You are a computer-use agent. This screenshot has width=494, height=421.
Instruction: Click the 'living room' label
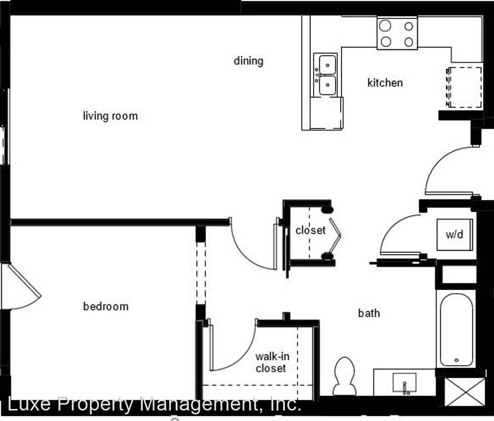pyautogui.click(x=110, y=116)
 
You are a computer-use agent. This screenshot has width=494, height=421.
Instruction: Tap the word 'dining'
pyautogui.click(x=248, y=61)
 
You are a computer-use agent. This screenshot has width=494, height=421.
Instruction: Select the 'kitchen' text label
pyautogui.click(x=385, y=83)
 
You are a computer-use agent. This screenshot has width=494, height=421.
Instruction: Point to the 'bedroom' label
pyautogui.click(x=106, y=306)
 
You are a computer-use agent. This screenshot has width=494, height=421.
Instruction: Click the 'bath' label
pyautogui.click(x=369, y=313)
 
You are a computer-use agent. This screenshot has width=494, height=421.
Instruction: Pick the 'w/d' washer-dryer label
pyautogui.click(x=454, y=235)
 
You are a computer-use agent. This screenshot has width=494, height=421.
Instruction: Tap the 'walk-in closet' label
pyautogui.click(x=272, y=362)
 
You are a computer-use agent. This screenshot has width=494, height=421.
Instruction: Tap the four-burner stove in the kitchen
pyautogui.click(x=397, y=34)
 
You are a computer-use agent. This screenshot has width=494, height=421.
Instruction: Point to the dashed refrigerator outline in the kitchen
pyautogui.click(x=465, y=87)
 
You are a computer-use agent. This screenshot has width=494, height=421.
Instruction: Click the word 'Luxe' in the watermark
pyautogui.click(x=29, y=404)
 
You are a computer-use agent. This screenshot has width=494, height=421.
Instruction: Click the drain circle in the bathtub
pyautogui.click(x=457, y=360)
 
